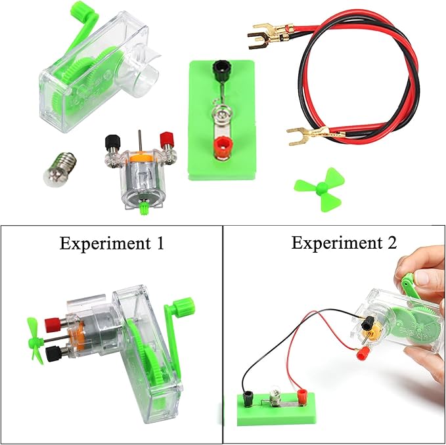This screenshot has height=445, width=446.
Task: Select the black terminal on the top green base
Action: tap(220, 68)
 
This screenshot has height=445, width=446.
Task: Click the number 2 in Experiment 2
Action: tap(391, 243)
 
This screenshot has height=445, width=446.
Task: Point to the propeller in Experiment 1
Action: tap(33, 339)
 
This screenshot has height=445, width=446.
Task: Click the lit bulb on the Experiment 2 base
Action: tap(276, 397)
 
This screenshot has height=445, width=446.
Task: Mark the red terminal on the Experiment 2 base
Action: tap(302, 396)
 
